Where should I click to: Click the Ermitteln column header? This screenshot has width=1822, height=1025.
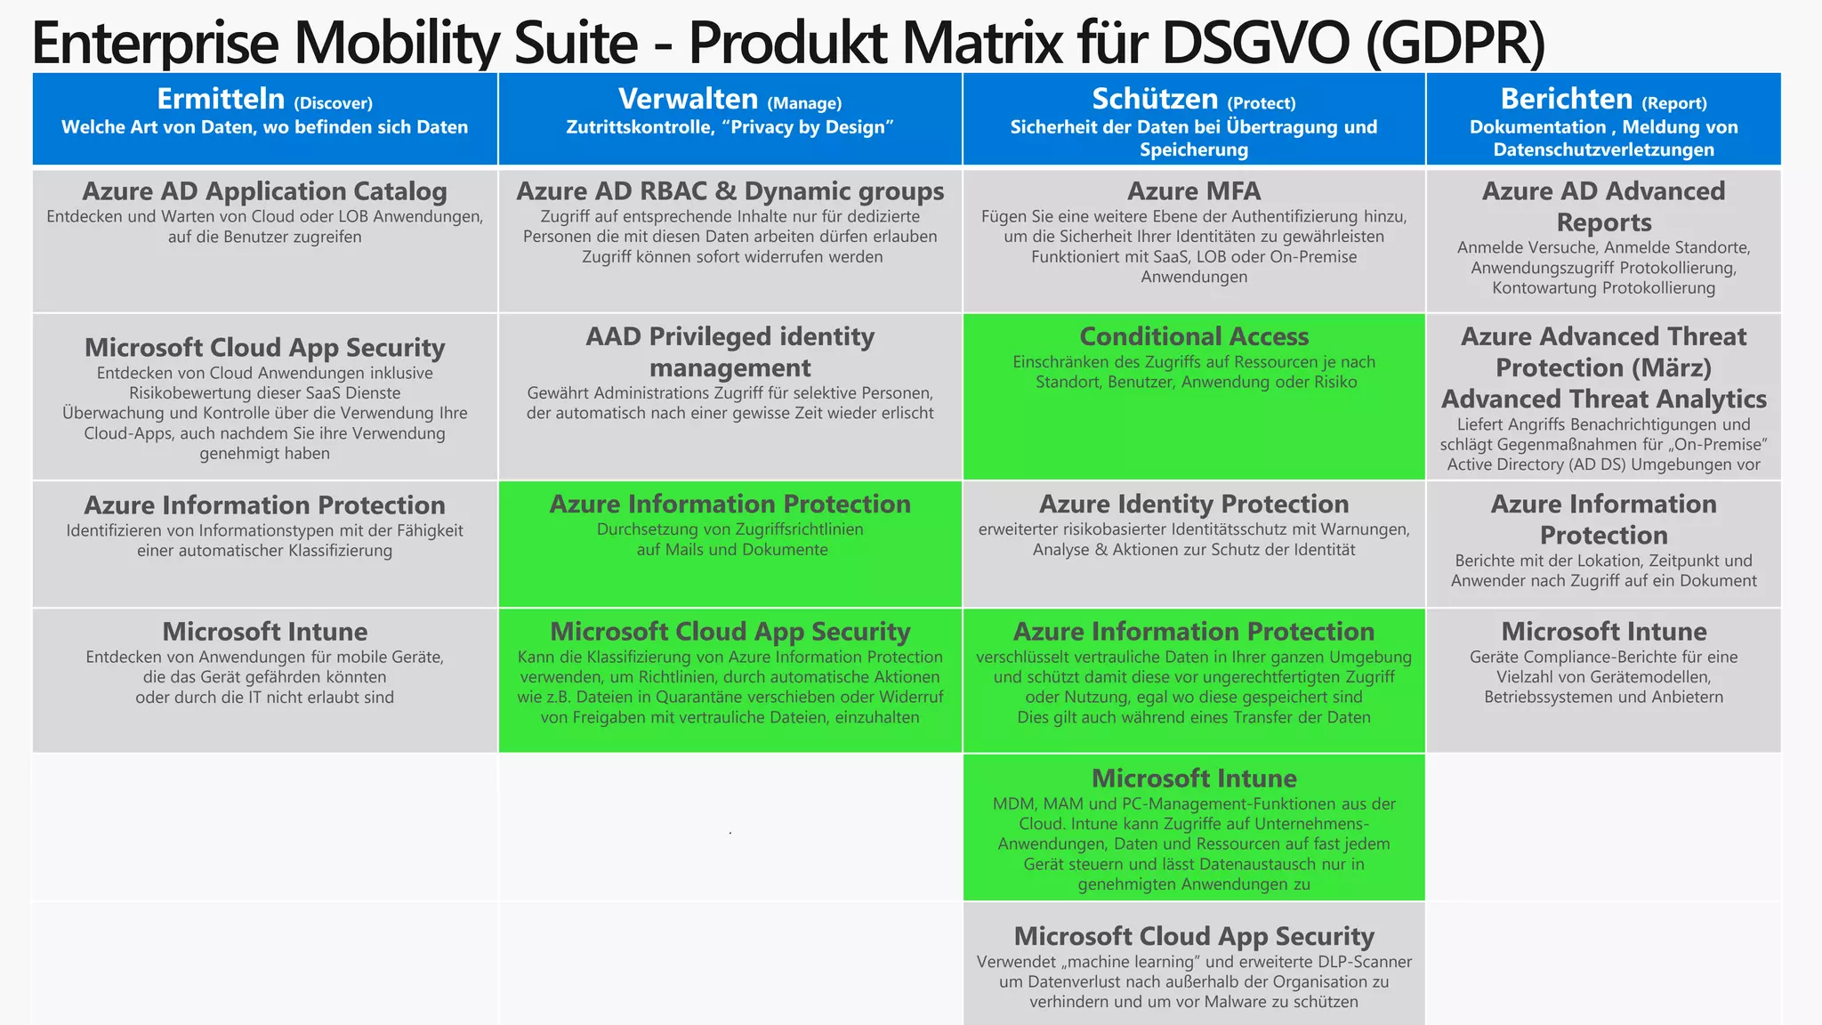[x=221, y=99]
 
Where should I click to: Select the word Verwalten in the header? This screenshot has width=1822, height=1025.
[x=688, y=99]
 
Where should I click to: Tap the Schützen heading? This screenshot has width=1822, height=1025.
[x=1155, y=99]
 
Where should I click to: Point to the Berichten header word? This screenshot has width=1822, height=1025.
[x=1566, y=99]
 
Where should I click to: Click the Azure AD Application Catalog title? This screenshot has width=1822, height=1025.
[x=264, y=191]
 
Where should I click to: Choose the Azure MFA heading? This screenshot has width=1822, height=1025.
[x=1193, y=191]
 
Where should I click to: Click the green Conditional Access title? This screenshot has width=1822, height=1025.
[x=1193, y=336]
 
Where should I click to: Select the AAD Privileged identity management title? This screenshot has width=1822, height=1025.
[x=730, y=351]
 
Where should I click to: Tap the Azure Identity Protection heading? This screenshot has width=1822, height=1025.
[x=1193, y=504]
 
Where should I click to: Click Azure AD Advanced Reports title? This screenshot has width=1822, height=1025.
[x=1603, y=206]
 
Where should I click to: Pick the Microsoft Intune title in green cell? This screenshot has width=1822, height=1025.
[x=1193, y=779]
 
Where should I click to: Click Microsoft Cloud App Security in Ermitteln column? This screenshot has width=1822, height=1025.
[x=264, y=348]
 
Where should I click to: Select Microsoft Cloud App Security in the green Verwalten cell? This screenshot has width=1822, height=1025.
[x=730, y=632]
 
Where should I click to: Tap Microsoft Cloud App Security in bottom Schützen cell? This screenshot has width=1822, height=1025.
[x=1193, y=936]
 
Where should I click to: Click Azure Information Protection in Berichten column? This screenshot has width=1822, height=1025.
[x=1603, y=520]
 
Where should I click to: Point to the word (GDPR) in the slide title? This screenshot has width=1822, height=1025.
[x=1455, y=43]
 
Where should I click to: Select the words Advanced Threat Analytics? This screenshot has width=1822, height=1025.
[x=1603, y=399]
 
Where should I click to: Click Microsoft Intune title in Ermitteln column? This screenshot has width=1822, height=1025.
[x=264, y=632]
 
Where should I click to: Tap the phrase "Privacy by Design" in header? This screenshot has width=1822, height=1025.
[x=807, y=127]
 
